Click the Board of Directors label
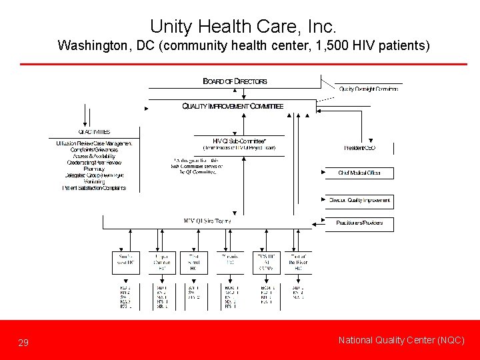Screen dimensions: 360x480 click(235, 81)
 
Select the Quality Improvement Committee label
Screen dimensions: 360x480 click(233, 106)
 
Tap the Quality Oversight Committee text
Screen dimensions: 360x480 click(369, 89)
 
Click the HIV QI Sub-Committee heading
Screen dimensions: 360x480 click(239, 141)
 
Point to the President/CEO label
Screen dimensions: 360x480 click(359, 147)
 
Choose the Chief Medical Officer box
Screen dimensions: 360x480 click(359, 173)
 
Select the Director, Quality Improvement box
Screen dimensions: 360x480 click(359, 200)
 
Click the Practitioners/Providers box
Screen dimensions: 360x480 click(359, 223)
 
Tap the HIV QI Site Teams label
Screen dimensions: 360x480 click(207, 221)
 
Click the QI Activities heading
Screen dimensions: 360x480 click(94, 132)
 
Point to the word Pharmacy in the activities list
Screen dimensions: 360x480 click(94, 169)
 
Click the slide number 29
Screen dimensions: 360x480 click(23, 343)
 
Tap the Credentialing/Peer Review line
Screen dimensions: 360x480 click(94, 163)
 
